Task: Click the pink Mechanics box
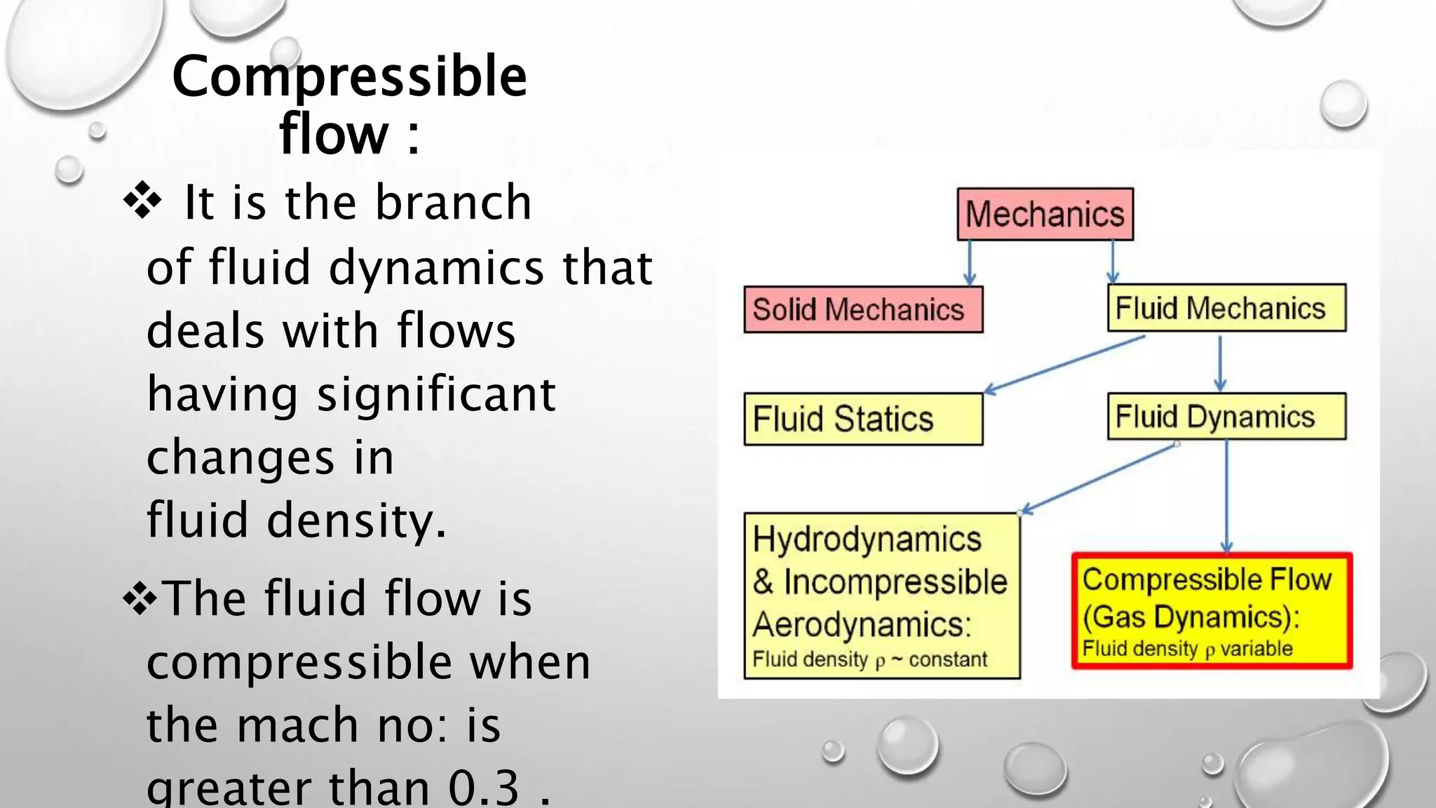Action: click(x=1045, y=214)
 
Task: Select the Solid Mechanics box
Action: click(x=863, y=309)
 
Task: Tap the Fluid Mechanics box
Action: click(x=1226, y=308)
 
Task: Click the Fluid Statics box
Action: click(x=863, y=419)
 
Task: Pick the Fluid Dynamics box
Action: click(x=1226, y=417)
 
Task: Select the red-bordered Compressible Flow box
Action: click(x=1212, y=610)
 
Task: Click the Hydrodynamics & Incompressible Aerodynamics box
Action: click(x=881, y=596)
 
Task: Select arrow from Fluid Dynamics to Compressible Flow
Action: click(x=1226, y=495)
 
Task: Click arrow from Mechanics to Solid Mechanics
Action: click(x=970, y=262)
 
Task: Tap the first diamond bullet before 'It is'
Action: click(x=142, y=201)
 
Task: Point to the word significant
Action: click(x=436, y=393)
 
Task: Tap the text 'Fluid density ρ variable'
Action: click(x=1187, y=649)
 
